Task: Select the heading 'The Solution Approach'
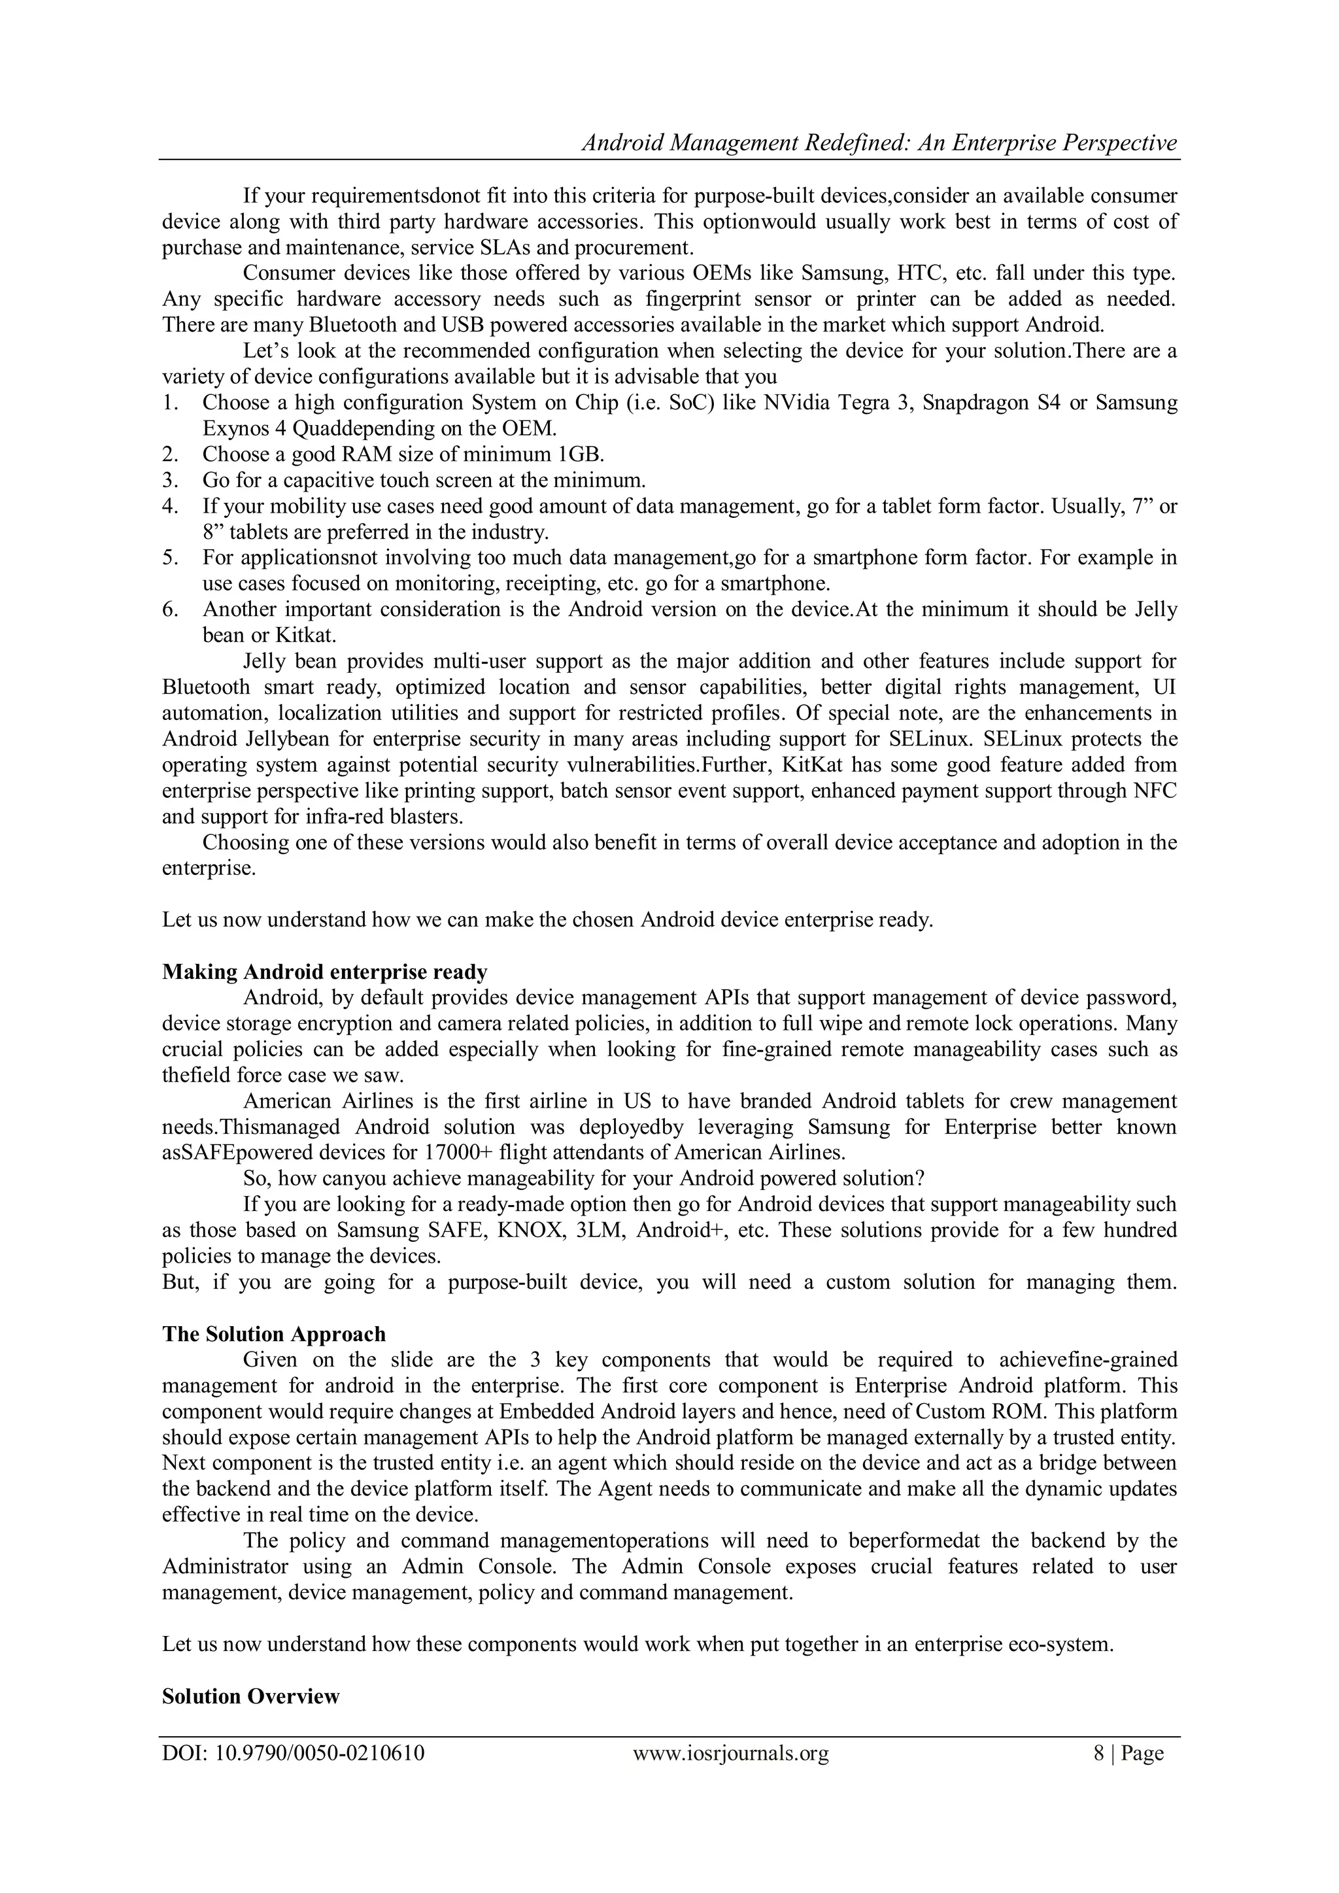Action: click(x=274, y=1334)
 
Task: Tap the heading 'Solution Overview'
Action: click(x=250, y=1696)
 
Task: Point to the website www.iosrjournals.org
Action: click(x=730, y=1753)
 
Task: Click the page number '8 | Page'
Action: click(x=1128, y=1753)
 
